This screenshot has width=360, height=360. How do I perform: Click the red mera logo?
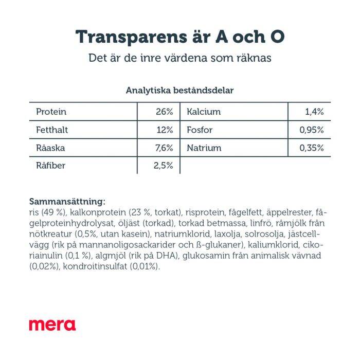click(52, 325)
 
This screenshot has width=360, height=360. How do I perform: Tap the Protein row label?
click(51, 112)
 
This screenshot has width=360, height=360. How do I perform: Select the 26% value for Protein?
click(165, 112)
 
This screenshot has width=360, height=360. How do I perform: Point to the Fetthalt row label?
click(52, 130)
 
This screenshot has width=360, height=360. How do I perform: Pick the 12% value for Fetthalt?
click(165, 130)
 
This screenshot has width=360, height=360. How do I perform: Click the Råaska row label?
click(50, 148)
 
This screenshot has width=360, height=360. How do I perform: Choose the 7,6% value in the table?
click(164, 148)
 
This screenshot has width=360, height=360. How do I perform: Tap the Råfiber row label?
click(51, 166)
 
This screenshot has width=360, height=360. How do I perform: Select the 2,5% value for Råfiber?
click(163, 166)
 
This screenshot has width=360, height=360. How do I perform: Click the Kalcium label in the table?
click(204, 112)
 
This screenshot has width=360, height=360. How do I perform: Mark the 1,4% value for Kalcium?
click(314, 112)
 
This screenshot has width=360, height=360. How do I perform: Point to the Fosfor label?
click(200, 130)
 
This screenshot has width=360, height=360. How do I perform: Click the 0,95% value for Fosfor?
click(311, 130)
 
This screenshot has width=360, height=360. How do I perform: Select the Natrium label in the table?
click(204, 148)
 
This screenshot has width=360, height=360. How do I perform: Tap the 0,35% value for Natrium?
click(311, 148)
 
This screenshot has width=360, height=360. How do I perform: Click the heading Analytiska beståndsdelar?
click(180, 90)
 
